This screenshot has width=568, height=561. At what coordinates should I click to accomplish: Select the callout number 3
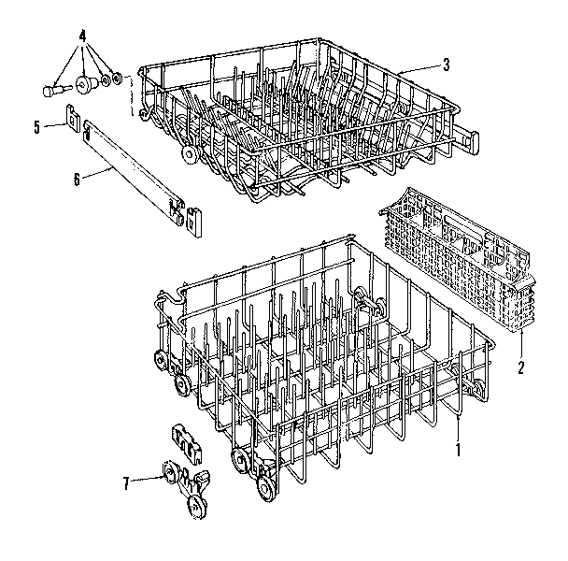(446, 65)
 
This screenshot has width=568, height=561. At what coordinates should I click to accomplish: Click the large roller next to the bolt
(87, 86)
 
